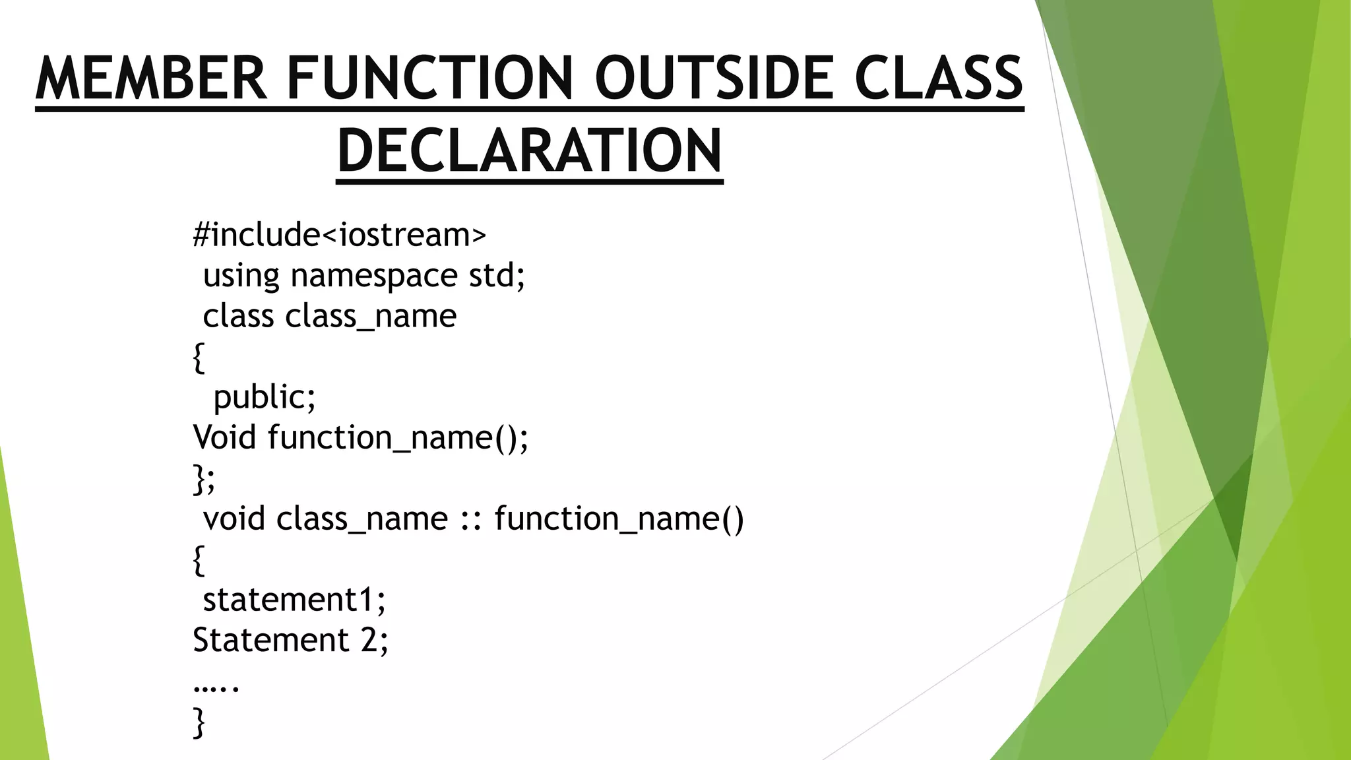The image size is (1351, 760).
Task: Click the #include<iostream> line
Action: tap(339, 235)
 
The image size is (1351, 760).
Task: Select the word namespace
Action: tap(373, 275)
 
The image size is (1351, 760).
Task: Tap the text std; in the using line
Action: tap(497, 275)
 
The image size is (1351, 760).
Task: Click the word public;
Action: tap(265, 397)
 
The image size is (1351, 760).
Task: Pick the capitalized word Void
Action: tap(224, 437)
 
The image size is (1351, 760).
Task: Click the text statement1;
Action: tap(294, 600)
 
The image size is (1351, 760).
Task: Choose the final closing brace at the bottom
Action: tap(199, 722)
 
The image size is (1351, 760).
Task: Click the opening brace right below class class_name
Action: tap(199, 357)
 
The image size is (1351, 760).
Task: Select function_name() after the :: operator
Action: tap(619, 519)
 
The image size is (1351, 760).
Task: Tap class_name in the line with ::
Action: tap(362, 519)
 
